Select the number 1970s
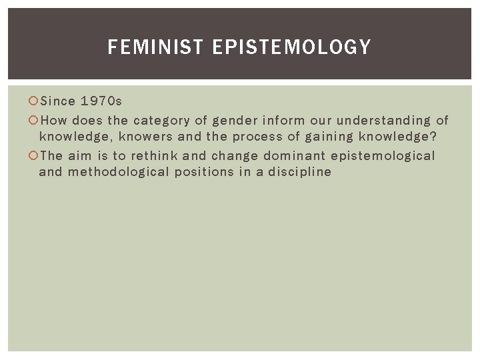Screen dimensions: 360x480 click(x=101, y=102)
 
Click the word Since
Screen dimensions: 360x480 click(x=58, y=102)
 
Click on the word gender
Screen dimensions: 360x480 click(x=235, y=121)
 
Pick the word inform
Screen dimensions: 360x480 click(x=283, y=121)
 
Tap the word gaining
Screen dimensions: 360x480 click(x=327, y=137)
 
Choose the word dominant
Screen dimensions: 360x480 click(x=289, y=156)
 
